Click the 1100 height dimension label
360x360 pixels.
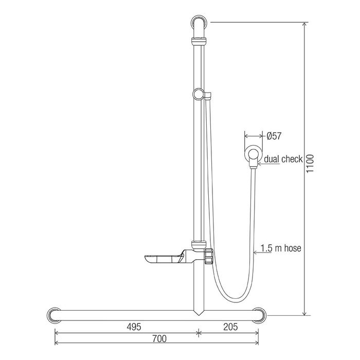pos(310,163)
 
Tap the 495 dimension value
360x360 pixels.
pos(134,327)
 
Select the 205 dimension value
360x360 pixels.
pos(230,327)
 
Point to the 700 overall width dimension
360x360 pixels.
pos(159,338)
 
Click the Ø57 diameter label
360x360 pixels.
pos(274,136)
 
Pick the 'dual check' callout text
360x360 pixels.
pos(283,159)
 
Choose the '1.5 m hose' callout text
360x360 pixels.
pos(281,248)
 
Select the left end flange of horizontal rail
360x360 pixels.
pos(54,315)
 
